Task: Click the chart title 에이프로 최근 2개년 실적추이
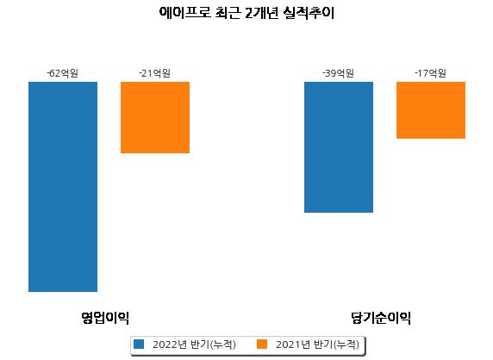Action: click(x=246, y=13)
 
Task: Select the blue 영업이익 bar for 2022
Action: click(x=63, y=187)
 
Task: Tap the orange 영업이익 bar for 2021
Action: click(x=155, y=117)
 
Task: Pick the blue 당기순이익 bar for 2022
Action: click(x=339, y=147)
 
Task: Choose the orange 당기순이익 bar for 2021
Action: click(x=431, y=110)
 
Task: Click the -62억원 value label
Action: click(x=63, y=73)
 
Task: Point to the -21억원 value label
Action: click(x=154, y=73)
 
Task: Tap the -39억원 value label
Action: click(x=339, y=73)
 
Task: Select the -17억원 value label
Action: click(x=430, y=73)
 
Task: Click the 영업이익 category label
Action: click(x=105, y=318)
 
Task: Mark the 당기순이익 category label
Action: click(x=381, y=318)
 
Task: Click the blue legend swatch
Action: click(x=139, y=344)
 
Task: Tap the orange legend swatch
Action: click(x=262, y=344)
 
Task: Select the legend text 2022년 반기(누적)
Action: click(x=194, y=344)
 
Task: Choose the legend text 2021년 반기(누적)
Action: click(x=317, y=344)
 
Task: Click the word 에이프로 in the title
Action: click(x=184, y=13)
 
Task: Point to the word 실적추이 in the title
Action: click(x=309, y=13)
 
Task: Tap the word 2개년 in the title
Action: click(x=262, y=13)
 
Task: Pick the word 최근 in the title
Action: click(x=228, y=13)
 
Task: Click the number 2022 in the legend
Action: click(x=165, y=344)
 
